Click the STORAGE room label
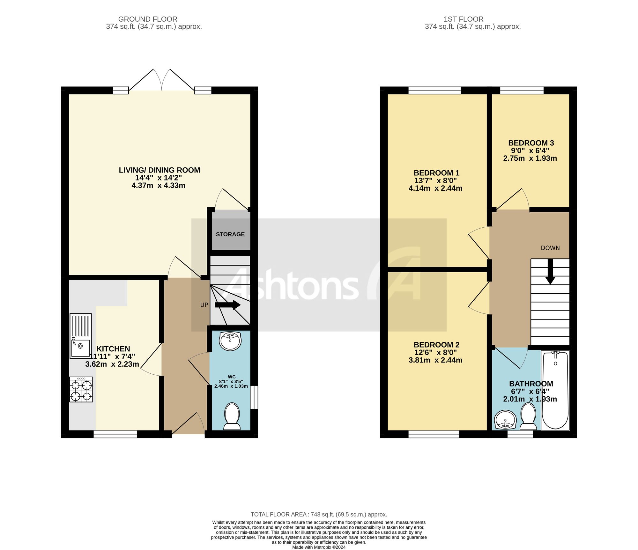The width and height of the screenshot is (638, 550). tap(230, 234)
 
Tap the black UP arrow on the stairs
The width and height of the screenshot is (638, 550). tap(227, 305)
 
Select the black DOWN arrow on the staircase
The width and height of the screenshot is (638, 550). tap(550, 272)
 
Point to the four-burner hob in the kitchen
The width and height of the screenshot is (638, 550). tap(81, 389)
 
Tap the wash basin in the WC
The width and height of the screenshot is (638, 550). tap(230, 341)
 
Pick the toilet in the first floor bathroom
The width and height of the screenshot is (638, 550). tap(528, 417)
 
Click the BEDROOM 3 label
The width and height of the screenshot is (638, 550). tap(531, 143)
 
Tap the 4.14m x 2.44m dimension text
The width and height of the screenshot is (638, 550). tap(435, 188)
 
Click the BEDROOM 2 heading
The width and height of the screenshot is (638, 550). tap(436, 345)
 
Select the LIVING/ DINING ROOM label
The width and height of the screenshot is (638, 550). tap(159, 170)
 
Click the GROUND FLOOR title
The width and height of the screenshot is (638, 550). tap(148, 19)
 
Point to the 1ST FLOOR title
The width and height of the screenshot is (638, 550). tap(464, 19)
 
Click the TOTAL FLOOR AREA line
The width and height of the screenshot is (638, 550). tap(319, 514)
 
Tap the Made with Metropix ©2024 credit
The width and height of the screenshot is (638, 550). tap(319, 547)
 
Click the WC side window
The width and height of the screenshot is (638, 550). tap(254, 397)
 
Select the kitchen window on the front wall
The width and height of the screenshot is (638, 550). tap(115, 434)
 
